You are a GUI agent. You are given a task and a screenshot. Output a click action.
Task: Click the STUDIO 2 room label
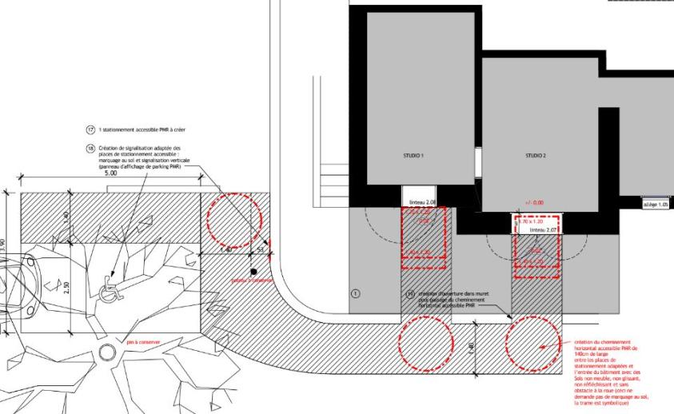point(535,156)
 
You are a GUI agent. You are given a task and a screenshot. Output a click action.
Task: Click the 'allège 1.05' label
point(655,204)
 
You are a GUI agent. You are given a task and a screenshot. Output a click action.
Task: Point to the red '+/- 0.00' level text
point(535,202)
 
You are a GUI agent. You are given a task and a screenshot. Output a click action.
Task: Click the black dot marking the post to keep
point(253,273)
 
